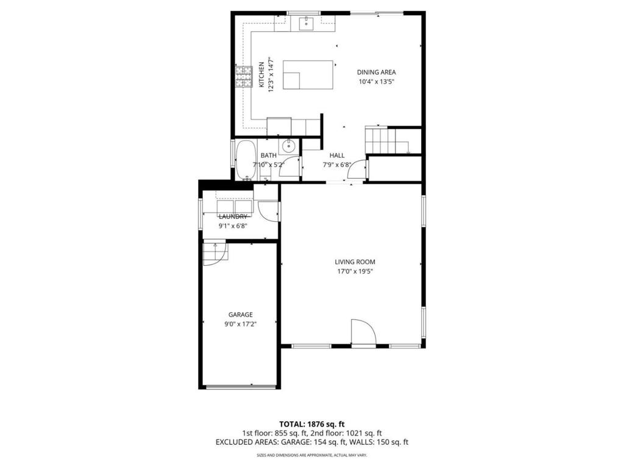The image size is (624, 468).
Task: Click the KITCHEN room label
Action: click(x=261, y=75)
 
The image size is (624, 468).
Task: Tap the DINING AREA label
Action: click(x=376, y=72)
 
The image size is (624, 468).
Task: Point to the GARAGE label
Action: click(x=240, y=314)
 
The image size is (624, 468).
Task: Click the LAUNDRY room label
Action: click(x=233, y=217)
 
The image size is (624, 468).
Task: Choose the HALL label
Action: click(x=337, y=155)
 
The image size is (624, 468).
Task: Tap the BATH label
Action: click(x=268, y=155)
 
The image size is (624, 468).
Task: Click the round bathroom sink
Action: click(x=288, y=146)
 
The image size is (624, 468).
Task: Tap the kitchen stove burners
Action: click(x=244, y=76)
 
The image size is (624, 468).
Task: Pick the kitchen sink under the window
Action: click(x=305, y=24)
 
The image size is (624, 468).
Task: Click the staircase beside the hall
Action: click(x=380, y=140)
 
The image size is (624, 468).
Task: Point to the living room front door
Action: click(x=364, y=333)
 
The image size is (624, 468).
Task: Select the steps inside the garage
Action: click(x=214, y=253)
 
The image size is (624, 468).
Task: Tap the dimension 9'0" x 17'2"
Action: click(x=240, y=324)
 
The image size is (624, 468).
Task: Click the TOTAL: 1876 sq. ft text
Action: click(x=312, y=424)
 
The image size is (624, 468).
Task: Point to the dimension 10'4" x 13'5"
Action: click(x=376, y=82)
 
